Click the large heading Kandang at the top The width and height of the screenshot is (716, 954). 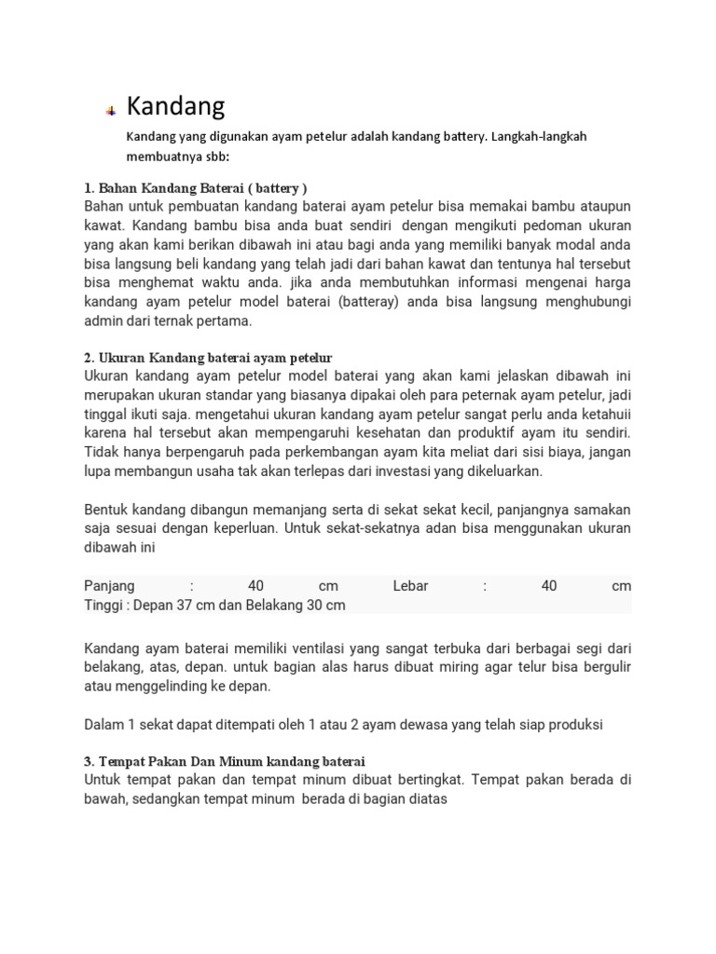coord(175,106)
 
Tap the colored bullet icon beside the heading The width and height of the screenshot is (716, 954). coord(111,111)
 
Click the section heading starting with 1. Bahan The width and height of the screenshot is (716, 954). coord(196,188)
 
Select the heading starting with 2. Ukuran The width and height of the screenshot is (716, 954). coord(208,358)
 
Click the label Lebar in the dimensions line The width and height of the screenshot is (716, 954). coord(413,586)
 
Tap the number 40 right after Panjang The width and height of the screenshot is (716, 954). coord(256,586)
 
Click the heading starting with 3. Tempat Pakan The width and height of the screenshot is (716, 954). coord(225,761)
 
